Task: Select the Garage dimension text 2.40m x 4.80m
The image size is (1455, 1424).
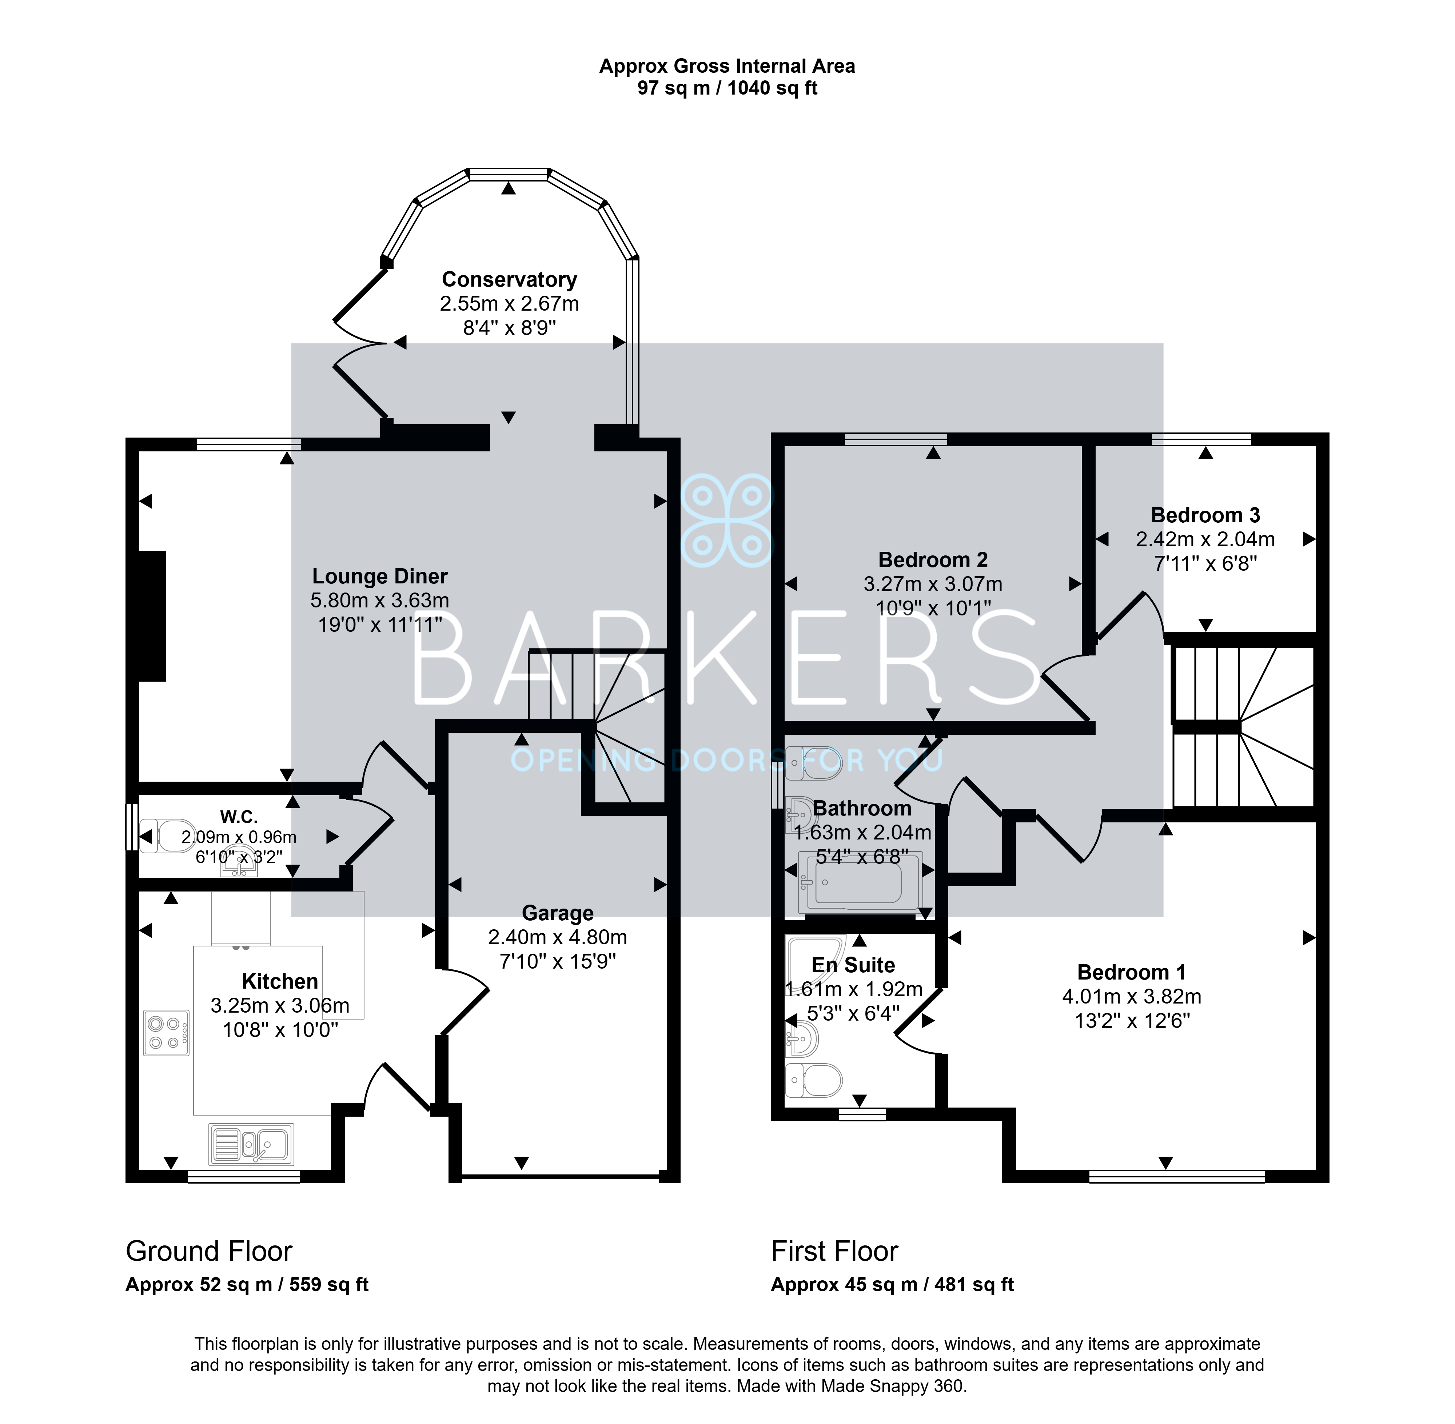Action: click(x=557, y=937)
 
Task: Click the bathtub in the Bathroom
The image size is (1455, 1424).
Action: click(x=860, y=882)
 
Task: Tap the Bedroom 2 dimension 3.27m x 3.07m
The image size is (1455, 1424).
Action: click(x=933, y=584)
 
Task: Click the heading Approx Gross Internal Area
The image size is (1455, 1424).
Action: click(x=727, y=67)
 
